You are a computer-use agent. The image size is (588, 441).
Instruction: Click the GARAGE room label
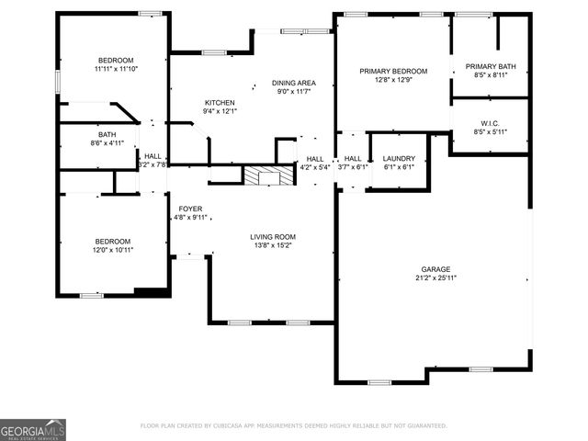coord(435,268)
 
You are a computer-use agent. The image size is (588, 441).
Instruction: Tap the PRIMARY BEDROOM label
coord(393,71)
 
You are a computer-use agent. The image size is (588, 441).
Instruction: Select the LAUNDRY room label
coord(399,158)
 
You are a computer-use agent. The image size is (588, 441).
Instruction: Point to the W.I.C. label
coord(490,123)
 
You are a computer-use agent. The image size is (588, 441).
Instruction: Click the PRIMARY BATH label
coord(490,66)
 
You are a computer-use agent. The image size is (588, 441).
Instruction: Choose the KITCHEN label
coord(220,102)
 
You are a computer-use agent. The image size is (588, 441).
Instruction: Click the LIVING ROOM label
coord(273,236)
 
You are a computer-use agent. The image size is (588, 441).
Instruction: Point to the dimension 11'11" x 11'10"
coord(116,69)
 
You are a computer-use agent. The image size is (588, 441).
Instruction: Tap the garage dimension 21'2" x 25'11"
coord(435,277)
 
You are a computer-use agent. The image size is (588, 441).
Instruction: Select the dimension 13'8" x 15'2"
coord(273,245)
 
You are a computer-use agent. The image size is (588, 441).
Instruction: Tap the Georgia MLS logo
coord(33,429)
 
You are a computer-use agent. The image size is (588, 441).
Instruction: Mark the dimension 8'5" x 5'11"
coord(490,132)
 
